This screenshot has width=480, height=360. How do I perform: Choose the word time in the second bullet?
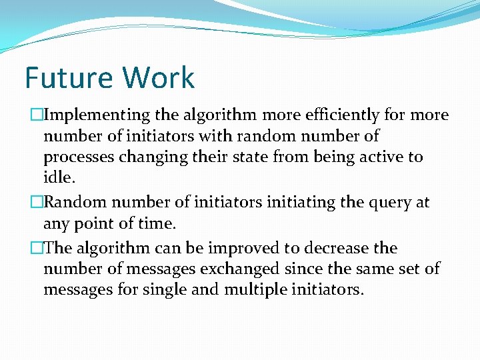pos(157,223)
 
